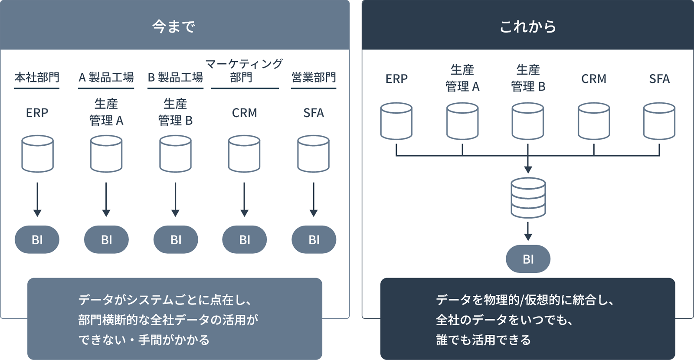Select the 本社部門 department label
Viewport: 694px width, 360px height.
[x=37, y=78]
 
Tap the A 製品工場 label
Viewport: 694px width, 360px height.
[x=106, y=78]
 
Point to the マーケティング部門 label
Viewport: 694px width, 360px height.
[x=244, y=71]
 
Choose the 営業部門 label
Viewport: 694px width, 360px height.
[x=314, y=78]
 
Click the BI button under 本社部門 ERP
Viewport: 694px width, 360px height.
[x=37, y=239]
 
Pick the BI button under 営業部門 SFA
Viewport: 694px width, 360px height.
[x=314, y=239]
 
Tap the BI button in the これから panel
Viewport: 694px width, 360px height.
[x=528, y=259]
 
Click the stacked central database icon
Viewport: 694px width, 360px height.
[x=528, y=198]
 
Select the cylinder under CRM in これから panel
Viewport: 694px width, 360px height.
[x=594, y=121]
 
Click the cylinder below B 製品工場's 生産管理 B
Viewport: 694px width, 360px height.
[x=175, y=154]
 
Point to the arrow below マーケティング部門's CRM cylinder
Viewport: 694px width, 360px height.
[x=244, y=200]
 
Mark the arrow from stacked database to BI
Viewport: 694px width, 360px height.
[x=528, y=231]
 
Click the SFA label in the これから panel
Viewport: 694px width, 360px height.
[x=659, y=79]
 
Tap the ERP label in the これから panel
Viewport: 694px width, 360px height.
[x=396, y=79]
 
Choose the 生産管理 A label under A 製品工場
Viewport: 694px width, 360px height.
[x=106, y=112]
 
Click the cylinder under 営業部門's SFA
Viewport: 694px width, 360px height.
[x=314, y=154]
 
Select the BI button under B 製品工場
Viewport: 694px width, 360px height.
[x=176, y=239]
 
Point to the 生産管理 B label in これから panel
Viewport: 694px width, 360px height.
[x=528, y=78]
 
